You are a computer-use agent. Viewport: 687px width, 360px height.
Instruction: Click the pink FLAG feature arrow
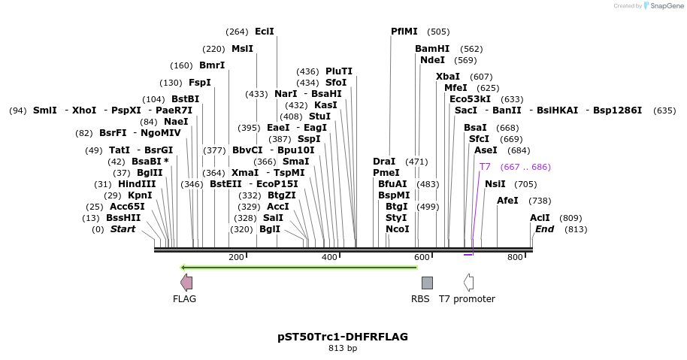click(x=186, y=283)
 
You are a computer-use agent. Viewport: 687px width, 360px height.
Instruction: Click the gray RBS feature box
click(x=427, y=283)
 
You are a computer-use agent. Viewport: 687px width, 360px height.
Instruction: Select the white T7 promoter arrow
click(x=468, y=283)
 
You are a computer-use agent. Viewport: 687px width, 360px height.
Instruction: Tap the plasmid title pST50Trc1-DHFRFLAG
click(x=343, y=336)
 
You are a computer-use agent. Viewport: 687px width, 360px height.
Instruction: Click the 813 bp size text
click(x=343, y=348)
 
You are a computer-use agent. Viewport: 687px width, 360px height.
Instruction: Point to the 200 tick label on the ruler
click(x=236, y=257)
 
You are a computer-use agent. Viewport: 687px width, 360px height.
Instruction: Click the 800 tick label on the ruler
click(x=515, y=257)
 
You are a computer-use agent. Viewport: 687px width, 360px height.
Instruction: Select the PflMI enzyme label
click(x=404, y=32)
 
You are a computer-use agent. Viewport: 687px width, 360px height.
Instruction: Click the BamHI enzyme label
click(x=432, y=49)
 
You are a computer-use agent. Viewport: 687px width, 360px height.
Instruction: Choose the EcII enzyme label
click(x=265, y=32)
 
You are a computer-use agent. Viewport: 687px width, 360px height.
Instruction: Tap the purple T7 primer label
click(x=485, y=167)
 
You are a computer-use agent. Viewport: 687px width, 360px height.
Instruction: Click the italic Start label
click(x=123, y=229)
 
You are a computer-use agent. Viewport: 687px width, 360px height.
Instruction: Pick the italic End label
click(x=544, y=229)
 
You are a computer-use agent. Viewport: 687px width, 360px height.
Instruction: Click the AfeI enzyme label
click(x=507, y=201)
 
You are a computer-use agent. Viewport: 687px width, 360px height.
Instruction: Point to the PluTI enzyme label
click(x=339, y=71)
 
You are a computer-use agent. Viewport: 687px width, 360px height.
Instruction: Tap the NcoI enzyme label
click(x=398, y=229)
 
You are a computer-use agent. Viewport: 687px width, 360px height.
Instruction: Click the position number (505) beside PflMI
click(x=438, y=32)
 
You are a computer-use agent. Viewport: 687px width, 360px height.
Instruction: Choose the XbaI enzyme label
click(x=448, y=77)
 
